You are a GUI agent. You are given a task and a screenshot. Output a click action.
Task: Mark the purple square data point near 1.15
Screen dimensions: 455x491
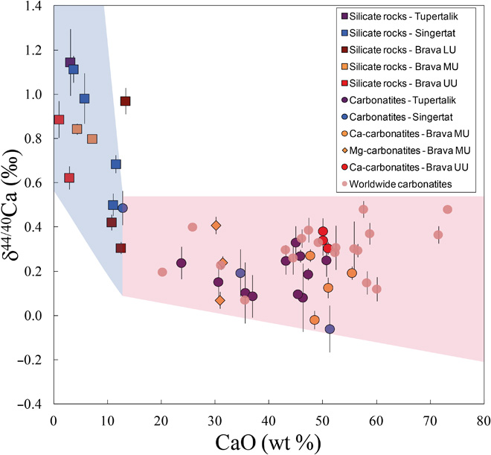(x=70, y=62)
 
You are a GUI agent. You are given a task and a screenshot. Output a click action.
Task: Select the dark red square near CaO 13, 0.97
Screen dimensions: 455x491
(x=125, y=101)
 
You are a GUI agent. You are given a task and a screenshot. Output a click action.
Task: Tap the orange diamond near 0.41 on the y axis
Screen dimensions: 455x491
(x=216, y=226)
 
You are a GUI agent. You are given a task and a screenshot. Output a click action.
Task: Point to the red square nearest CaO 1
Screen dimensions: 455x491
(x=59, y=119)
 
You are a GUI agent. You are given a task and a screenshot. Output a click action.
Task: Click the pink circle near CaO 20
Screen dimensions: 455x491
(x=162, y=272)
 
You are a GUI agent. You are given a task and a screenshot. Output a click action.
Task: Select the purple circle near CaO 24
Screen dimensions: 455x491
(x=181, y=263)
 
